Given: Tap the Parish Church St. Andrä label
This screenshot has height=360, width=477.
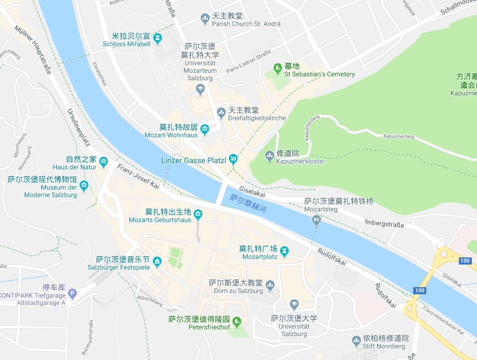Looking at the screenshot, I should tap(246, 24).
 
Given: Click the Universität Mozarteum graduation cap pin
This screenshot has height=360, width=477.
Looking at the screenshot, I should tap(200, 89).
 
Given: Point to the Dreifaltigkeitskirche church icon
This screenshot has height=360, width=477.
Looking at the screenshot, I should tap(221, 112).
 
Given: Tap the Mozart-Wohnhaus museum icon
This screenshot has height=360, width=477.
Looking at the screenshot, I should tap(205, 129).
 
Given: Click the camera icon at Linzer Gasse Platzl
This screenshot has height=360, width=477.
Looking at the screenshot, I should tap(233, 159).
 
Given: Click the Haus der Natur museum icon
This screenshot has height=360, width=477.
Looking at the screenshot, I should tap(103, 162).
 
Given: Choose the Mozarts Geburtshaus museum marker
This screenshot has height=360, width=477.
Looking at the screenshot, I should tap(198, 214).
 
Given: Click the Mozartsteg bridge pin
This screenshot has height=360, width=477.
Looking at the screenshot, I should tap(316, 220).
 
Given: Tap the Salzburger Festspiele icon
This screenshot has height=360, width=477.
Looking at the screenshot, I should tap(157, 261).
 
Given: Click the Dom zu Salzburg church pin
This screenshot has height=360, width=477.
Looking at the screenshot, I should tap(270, 285).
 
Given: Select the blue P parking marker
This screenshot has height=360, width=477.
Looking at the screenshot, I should tap(72, 293).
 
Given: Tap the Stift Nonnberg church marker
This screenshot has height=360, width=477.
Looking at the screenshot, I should tap(356, 340).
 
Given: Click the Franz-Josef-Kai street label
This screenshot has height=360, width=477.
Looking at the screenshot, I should tap(138, 176).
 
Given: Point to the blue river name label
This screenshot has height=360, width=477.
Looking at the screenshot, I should tap(248, 203).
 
